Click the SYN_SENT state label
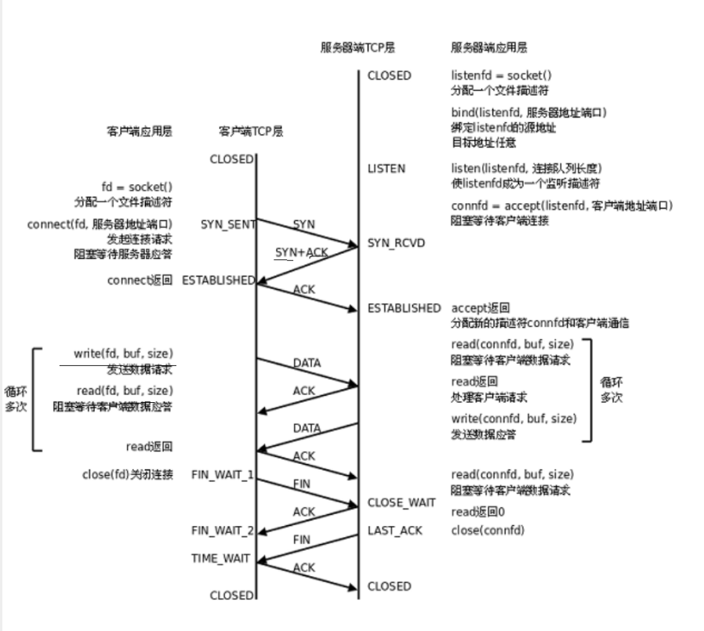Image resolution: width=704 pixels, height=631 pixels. coord(227,224)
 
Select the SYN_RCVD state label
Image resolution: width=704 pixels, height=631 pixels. coord(396,243)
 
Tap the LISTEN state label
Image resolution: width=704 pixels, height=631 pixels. coord(386,169)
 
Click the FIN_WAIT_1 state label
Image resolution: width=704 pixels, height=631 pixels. coord(223,474)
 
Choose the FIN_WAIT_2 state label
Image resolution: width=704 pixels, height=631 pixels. coord(223,531)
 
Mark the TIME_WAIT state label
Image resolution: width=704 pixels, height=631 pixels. coord(221,558)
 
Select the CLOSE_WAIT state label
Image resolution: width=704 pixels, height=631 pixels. coord(401,502)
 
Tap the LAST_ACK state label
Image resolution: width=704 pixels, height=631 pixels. coord(395,531)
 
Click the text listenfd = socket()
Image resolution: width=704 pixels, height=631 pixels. coord(501,76)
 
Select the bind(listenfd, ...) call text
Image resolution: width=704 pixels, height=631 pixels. coord(528,113)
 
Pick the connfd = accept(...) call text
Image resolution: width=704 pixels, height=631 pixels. coord(562,206)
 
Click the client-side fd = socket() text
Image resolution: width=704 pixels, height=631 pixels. coord(136,187)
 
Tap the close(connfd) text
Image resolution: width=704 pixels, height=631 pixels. coord(488,531)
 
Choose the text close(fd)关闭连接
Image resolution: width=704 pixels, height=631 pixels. coord(127,474)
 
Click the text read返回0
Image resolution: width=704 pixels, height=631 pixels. coord(478,512)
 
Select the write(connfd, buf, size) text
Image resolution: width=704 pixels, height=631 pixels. coord(513,419)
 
